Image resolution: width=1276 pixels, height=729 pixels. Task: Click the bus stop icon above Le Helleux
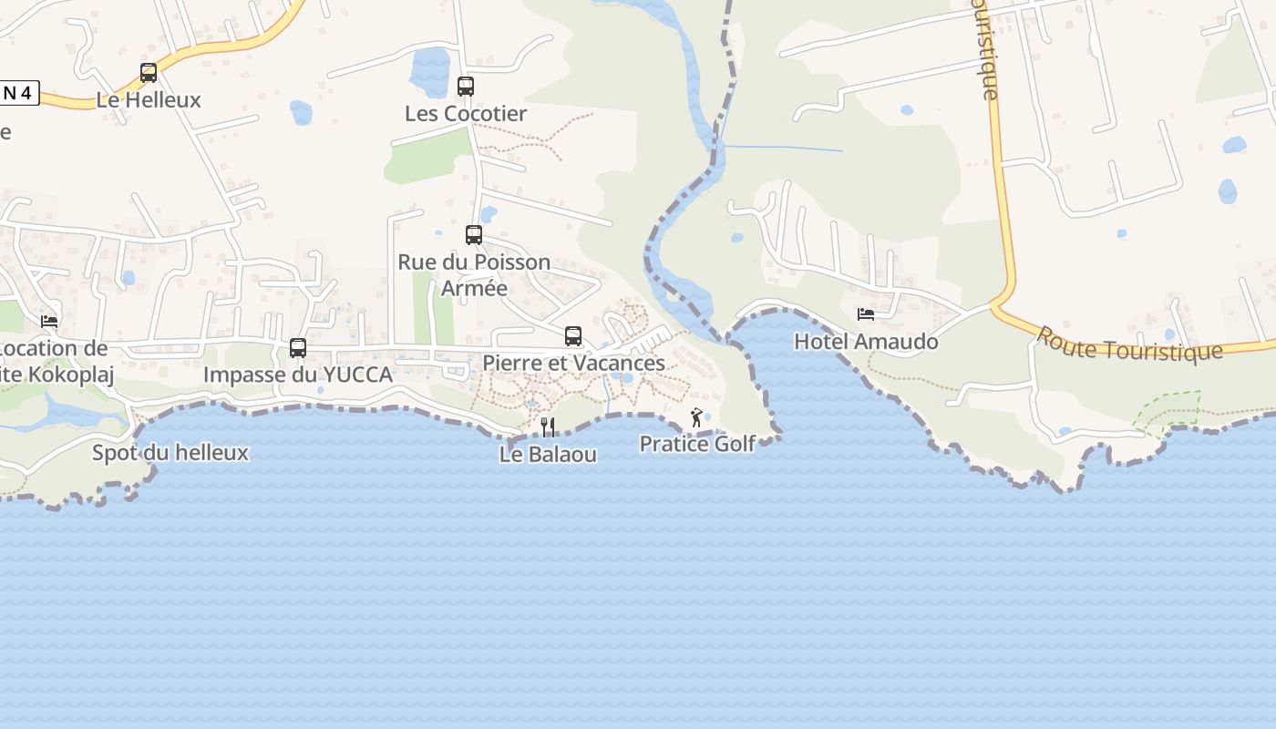tap(149, 73)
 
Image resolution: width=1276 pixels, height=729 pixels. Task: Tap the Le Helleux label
tap(149, 100)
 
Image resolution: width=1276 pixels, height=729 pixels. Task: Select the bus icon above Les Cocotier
tap(466, 87)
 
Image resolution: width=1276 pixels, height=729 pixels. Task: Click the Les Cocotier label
tap(466, 114)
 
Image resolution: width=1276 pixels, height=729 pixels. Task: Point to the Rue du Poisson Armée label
tap(474, 274)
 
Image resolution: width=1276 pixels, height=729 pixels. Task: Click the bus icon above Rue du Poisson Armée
tap(474, 235)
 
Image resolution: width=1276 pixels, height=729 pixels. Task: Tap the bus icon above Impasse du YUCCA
tap(298, 347)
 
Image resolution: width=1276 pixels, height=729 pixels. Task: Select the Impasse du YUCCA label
tap(298, 375)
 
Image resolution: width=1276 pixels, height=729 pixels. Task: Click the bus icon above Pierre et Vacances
tap(573, 335)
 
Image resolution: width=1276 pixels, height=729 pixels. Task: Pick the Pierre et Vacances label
tap(573, 363)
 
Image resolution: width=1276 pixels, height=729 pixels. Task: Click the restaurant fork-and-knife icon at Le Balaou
tap(548, 426)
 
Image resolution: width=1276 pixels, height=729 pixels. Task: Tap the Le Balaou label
tap(548, 454)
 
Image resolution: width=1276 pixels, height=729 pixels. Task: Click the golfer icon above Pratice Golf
tap(697, 417)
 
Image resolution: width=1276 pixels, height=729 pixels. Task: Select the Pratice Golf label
tap(697, 444)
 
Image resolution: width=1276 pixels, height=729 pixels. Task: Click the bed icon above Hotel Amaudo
tap(866, 314)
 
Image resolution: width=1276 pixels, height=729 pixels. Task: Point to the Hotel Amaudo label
tap(866, 342)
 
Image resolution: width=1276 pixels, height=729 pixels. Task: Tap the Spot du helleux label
tap(170, 452)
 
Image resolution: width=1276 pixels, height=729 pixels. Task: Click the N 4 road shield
tap(18, 93)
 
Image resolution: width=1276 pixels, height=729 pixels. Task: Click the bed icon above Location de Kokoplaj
tap(49, 321)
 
